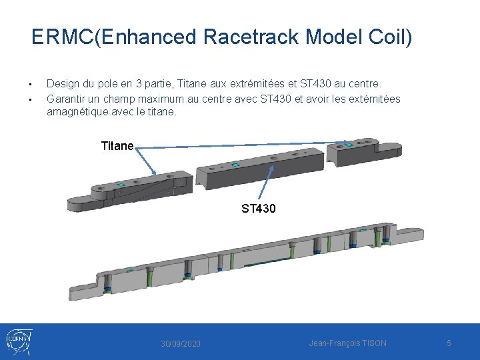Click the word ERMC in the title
pyautogui.click(x=63, y=37)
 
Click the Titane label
pyautogui.click(x=117, y=146)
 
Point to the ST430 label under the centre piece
pyautogui.click(x=259, y=209)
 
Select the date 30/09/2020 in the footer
pyautogui.click(x=181, y=343)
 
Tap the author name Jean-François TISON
pyautogui.click(x=347, y=343)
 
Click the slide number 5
pyautogui.click(x=449, y=343)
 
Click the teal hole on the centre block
pyautogui.click(x=235, y=163)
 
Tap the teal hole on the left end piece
pyautogui.click(x=121, y=185)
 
